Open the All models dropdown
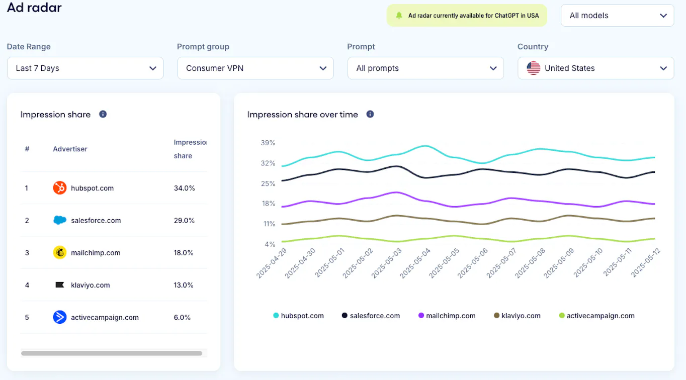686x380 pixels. click(x=617, y=15)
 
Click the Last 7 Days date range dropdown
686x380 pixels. click(x=85, y=68)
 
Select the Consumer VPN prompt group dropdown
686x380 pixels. click(x=255, y=68)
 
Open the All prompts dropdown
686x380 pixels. click(x=425, y=68)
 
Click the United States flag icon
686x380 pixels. click(x=534, y=68)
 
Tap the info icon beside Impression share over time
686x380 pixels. click(x=370, y=114)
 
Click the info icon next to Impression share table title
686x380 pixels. click(x=103, y=114)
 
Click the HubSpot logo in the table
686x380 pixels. click(x=60, y=188)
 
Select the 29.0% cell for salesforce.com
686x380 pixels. click(x=185, y=220)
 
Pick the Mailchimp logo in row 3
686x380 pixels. click(x=60, y=252)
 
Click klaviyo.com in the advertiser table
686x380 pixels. click(x=91, y=285)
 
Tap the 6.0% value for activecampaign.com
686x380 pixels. click(x=182, y=317)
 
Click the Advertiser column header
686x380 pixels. click(x=70, y=149)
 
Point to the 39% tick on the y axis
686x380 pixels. click(x=268, y=143)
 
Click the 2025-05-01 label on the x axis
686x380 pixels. click(x=330, y=263)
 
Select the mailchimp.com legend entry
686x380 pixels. click(x=447, y=316)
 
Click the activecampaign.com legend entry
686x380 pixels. click(x=597, y=316)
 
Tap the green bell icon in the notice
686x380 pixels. click(x=399, y=15)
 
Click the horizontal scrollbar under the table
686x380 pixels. click(x=112, y=353)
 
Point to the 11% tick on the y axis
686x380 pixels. click(x=269, y=224)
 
